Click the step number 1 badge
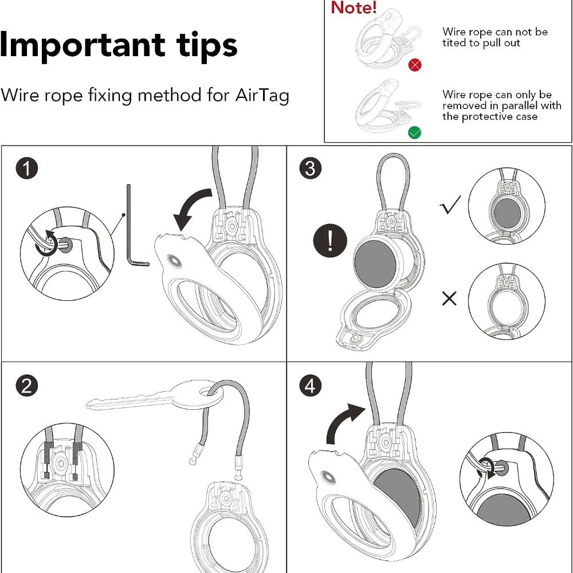click(27, 168)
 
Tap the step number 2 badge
click(27, 386)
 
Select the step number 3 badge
click(310, 168)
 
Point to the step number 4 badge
click(310, 386)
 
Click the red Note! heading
click(354, 7)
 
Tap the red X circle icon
click(414, 65)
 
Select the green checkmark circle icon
click(414, 132)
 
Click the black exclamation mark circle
click(330, 241)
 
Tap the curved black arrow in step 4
click(343, 420)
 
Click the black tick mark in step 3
click(450, 205)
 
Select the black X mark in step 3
click(449, 299)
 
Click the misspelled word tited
click(454, 43)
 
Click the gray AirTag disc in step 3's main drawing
click(375, 262)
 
